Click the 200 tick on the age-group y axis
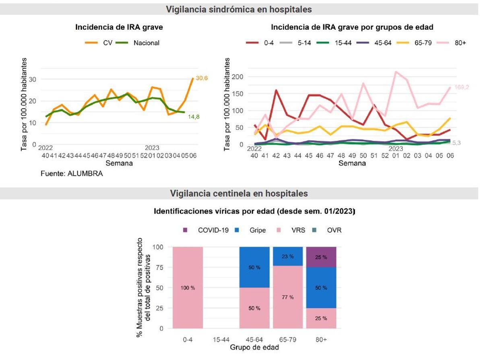pyautogui.click(x=239, y=76)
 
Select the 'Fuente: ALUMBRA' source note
pyautogui.click(x=72, y=174)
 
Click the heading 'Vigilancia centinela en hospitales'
pyautogui.click(x=239, y=193)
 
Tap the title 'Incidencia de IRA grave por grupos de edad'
pyautogui.click(x=352, y=27)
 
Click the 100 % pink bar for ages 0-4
pyautogui.click(x=188, y=288)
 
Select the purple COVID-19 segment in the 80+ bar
pyautogui.click(x=321, y=257)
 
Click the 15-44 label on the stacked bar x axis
pyautogui.click(x=221, y=339)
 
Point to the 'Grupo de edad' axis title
pyautogui.click(x=254, y=348)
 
